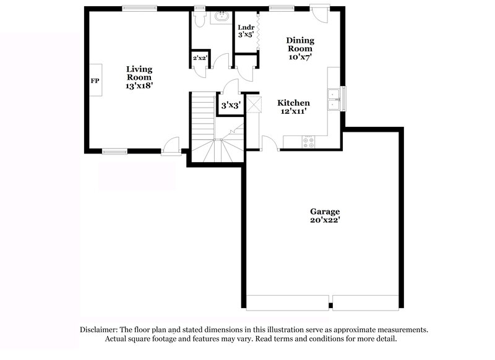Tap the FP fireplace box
[x=95, y=81]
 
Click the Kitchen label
[x=293, y=103]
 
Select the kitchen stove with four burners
[x=308, y=142]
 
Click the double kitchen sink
[x=335, y=99]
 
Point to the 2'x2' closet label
[x=200, y=58]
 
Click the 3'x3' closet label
[x=231, y=106]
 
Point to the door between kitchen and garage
[x=269, y=144]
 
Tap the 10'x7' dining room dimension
[x=299, y=57]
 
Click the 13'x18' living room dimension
[x=139, y=86]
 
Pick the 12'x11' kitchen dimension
[x=293, y=111]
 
